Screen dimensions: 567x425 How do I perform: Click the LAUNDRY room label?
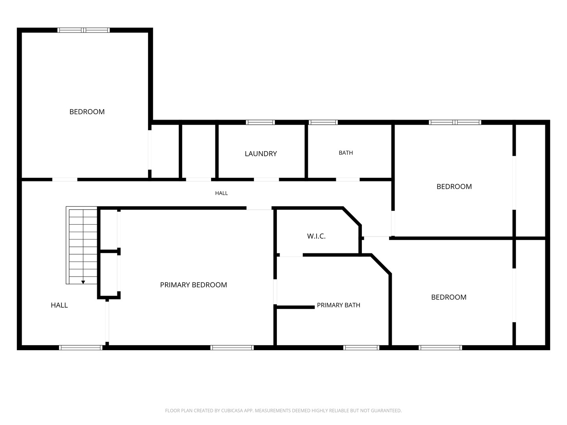click(x=261, y=154)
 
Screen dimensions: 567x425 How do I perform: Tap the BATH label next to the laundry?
click(x=346, y=153)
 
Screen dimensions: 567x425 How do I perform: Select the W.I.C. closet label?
click(x=316, y=236)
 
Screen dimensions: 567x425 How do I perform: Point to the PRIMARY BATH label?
click(x=338, y=305)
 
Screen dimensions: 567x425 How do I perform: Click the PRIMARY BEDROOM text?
click(x=193, y=285)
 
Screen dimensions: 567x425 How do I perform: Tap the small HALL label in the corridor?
click(x=221, y=193)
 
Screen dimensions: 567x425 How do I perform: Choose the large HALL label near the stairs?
click(x=59, y=305)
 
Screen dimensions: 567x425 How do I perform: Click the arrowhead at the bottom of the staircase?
click(x=83, y=282)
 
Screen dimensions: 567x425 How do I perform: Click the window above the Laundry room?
click(x=260, y=122)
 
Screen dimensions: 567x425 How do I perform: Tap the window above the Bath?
click(x=323, y=122)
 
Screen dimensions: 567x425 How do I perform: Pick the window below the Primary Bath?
click(x=361, y=347)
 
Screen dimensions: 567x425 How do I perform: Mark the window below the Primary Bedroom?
click(x=232, y=347)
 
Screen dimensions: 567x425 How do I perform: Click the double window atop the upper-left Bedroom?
click(x=83, y=30)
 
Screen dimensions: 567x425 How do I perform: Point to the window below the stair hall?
click(x=81, y=347)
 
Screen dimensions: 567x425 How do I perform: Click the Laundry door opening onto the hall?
click(x=266, y=179)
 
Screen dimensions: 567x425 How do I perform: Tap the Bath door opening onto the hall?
click(x=348, y=179)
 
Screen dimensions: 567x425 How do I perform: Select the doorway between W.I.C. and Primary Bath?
click(x=291, y=255)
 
